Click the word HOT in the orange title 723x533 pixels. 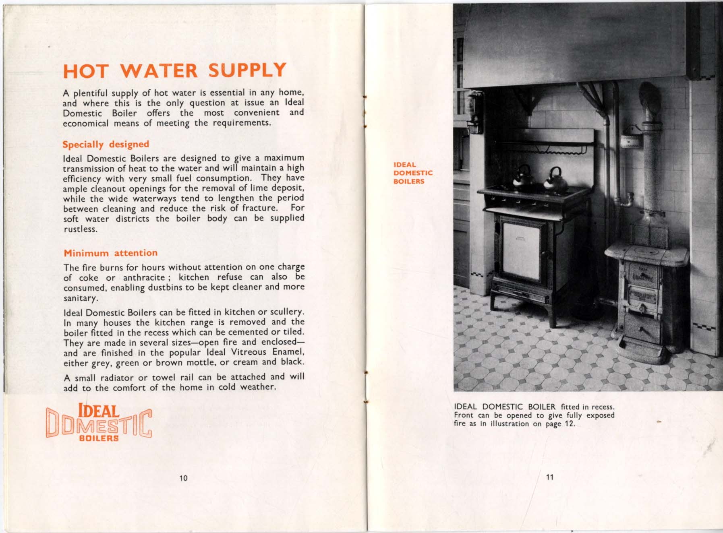[x=86, y=71]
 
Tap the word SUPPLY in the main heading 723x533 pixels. [x=247, y=70]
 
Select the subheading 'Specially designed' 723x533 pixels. [x=106, y=144]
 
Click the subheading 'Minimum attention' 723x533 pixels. [x=110, y=253]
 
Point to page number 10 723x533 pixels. [x=183, y=478]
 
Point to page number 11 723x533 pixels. [x=549, y=477]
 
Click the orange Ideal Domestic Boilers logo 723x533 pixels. [x=99, y=423]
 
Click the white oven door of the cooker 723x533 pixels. [x=521, y=251]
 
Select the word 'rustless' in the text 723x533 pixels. [x=80, y=229]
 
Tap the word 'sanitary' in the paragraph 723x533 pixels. [x=81, y=298]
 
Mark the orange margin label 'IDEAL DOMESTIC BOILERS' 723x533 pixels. [x=413, y=173]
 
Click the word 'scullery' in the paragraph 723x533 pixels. [x=286, y=312]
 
